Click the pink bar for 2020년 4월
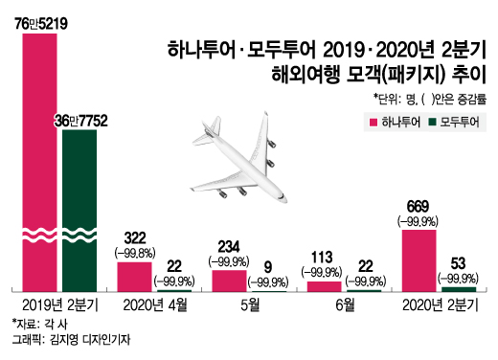tap(134, 276)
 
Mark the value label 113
tap(323, 257)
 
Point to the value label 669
tap(419, 207)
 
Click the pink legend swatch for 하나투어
tap(372, 121)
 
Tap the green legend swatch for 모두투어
tap(432, 121)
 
